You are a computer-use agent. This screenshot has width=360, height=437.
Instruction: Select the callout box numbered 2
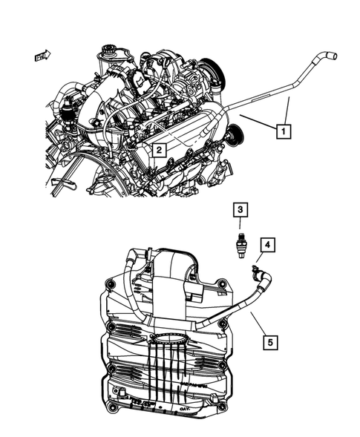(158, 151)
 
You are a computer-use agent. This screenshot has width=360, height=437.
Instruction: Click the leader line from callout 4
(261, 257)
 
